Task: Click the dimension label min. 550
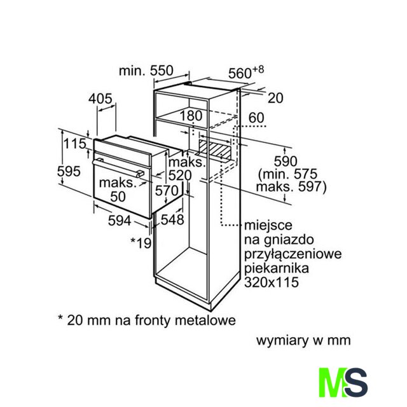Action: pos(146,71)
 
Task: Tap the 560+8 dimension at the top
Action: pos(246,72)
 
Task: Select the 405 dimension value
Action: pos(100,99)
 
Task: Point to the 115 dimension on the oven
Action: pos(75,144)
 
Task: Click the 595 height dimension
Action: pos(69,171)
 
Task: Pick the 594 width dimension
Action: pos(120,221)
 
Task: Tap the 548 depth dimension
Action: pos(172,219)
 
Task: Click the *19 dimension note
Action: pos(141,243)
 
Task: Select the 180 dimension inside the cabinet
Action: pos(191,116)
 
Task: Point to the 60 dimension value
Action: pos(256,118)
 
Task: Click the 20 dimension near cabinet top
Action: pos(275,98)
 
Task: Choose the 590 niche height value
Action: pos(286,161)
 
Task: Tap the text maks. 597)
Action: pos(291,187)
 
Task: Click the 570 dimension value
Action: pos(167,191)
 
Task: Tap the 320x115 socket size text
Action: pos(272,282)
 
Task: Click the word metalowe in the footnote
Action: pos(205,320)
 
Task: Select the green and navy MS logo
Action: pos(343,382)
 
